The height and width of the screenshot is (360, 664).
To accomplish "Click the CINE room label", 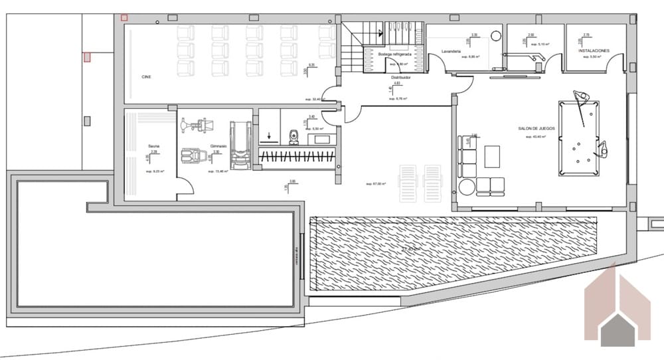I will pos(146,77).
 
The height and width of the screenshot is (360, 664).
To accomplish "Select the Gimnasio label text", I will pos(219,145).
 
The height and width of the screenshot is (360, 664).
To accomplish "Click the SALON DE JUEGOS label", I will pos(537,129).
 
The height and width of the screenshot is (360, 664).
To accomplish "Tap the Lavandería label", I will pos(450,50).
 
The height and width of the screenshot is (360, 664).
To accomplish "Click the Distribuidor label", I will pos(400,77).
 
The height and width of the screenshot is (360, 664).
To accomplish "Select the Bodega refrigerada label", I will pos(394,54).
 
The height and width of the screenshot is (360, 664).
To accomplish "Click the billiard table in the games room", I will pos(576,137).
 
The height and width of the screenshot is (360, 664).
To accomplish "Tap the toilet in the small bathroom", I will pos(295,136).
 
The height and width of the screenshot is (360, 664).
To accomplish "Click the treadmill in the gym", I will pos(239,145).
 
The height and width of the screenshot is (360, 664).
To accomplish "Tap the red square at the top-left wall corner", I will pos(124,18).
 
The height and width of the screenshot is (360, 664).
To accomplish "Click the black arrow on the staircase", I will pos(380,31).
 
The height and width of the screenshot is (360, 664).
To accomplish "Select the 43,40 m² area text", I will pos(535,137).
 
